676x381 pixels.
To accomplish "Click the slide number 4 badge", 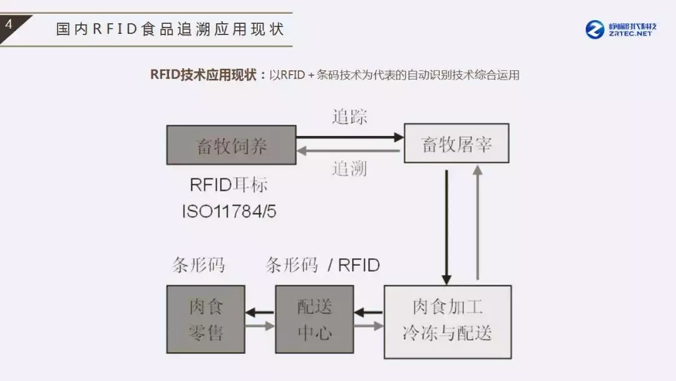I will click(9, 26).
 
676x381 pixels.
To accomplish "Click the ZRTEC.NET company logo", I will click(622, 29).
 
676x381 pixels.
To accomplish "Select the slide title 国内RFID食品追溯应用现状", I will click(170, 29).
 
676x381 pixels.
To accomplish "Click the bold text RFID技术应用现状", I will click(203, 75).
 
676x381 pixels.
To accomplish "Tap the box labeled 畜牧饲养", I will click(231, 145).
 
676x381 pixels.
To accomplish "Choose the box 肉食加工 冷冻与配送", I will click(447, 321).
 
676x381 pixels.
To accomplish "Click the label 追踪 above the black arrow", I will click(349, 117).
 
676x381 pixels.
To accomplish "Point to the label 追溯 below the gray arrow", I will click(349, 168).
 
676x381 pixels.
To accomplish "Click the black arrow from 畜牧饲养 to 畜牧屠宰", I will click(350, 136).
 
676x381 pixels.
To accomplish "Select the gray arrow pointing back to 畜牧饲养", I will click(350, 151).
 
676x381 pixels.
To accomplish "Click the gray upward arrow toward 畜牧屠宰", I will click(478, 222).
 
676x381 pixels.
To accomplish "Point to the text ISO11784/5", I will click(229, 211).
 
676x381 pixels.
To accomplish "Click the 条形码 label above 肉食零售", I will click(198, 265).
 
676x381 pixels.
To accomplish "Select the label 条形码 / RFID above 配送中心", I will click(322, 265).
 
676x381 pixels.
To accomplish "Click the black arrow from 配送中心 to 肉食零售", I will click(260, 311).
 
